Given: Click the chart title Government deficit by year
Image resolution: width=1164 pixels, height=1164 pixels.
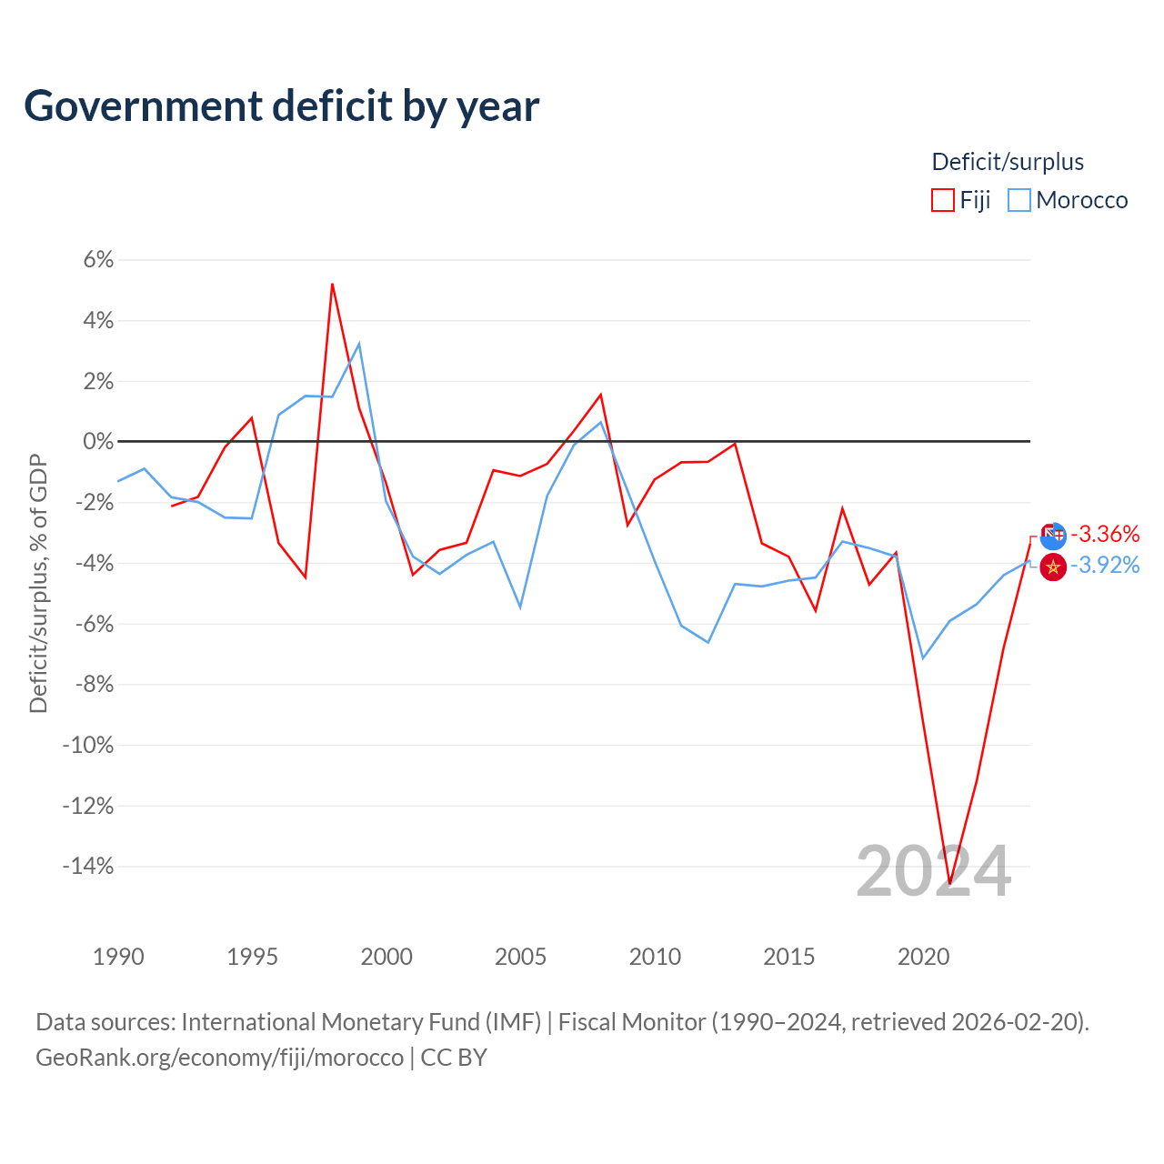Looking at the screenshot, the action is click(x=281, y=105).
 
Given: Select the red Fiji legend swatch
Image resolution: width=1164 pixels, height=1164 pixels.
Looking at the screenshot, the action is click(x=942, y=200).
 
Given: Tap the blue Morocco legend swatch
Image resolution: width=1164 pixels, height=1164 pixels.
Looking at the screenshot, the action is click(x=1019, y=200).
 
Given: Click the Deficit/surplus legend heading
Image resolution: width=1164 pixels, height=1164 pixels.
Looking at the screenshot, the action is click(x=1008, y=162).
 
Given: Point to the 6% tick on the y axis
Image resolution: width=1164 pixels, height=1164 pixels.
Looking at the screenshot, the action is click(x=98, y=260).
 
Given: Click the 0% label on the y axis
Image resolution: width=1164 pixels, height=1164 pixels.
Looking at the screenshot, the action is click(x=98, y=442).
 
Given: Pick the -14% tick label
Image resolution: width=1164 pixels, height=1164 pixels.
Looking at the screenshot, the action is click(x=88, y=867).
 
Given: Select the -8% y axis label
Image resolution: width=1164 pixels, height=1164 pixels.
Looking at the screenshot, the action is click(x=95, y=685).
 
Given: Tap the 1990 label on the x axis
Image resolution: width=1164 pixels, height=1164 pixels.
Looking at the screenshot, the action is click(x=118, y=957).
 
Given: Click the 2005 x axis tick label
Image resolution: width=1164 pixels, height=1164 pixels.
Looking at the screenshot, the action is click(x=521, y=957).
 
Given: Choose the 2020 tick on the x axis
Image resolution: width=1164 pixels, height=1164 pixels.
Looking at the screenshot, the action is click(x=924, y=957).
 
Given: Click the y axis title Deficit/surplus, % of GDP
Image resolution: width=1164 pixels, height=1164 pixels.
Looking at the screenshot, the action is click(x=38, y=584).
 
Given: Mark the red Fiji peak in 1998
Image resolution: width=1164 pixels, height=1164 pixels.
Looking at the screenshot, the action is click(x=332, y=284).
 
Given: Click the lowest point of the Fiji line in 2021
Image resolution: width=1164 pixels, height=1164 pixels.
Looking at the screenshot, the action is click(x=950, y=884).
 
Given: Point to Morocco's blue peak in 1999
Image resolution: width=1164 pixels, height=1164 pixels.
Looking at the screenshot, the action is click(x=359, y=344).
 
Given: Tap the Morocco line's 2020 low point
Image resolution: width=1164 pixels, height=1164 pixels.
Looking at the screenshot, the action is click(x=922, y=657).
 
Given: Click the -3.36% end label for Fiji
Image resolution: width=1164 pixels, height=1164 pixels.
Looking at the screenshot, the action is click(x=1105, y=534).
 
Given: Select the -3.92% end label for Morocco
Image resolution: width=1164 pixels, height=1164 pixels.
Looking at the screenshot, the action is click(x=1105, y=566).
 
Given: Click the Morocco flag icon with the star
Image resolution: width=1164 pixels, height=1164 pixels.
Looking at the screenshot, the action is click(x=1053, y=567).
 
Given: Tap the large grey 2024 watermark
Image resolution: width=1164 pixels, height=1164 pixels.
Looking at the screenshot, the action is click(x=933, y=871).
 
